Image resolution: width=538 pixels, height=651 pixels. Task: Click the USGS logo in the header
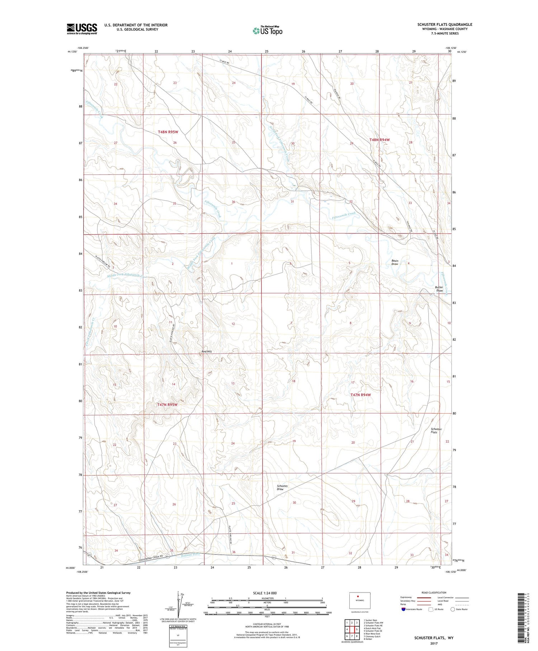coord(82,29)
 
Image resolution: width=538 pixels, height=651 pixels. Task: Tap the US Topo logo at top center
coord(267,31)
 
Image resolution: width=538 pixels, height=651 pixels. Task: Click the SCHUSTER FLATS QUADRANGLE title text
coord(444,24)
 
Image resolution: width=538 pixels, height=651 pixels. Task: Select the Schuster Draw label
coord(282,487)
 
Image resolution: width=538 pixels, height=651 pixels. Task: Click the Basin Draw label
coord(395,262)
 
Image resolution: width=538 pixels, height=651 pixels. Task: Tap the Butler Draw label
coord(439,289)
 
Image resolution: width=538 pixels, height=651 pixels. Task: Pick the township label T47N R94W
coord(360,395)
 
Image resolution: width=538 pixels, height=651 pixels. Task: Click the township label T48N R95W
coord(168,132)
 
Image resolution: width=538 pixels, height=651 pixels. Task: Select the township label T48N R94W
coord(379,140)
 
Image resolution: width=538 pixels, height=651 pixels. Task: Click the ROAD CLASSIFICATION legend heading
coord(434,592)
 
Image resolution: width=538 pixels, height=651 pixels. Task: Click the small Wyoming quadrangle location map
coord(360,600)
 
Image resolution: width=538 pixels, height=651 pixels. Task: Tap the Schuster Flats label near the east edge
coord(436,431)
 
